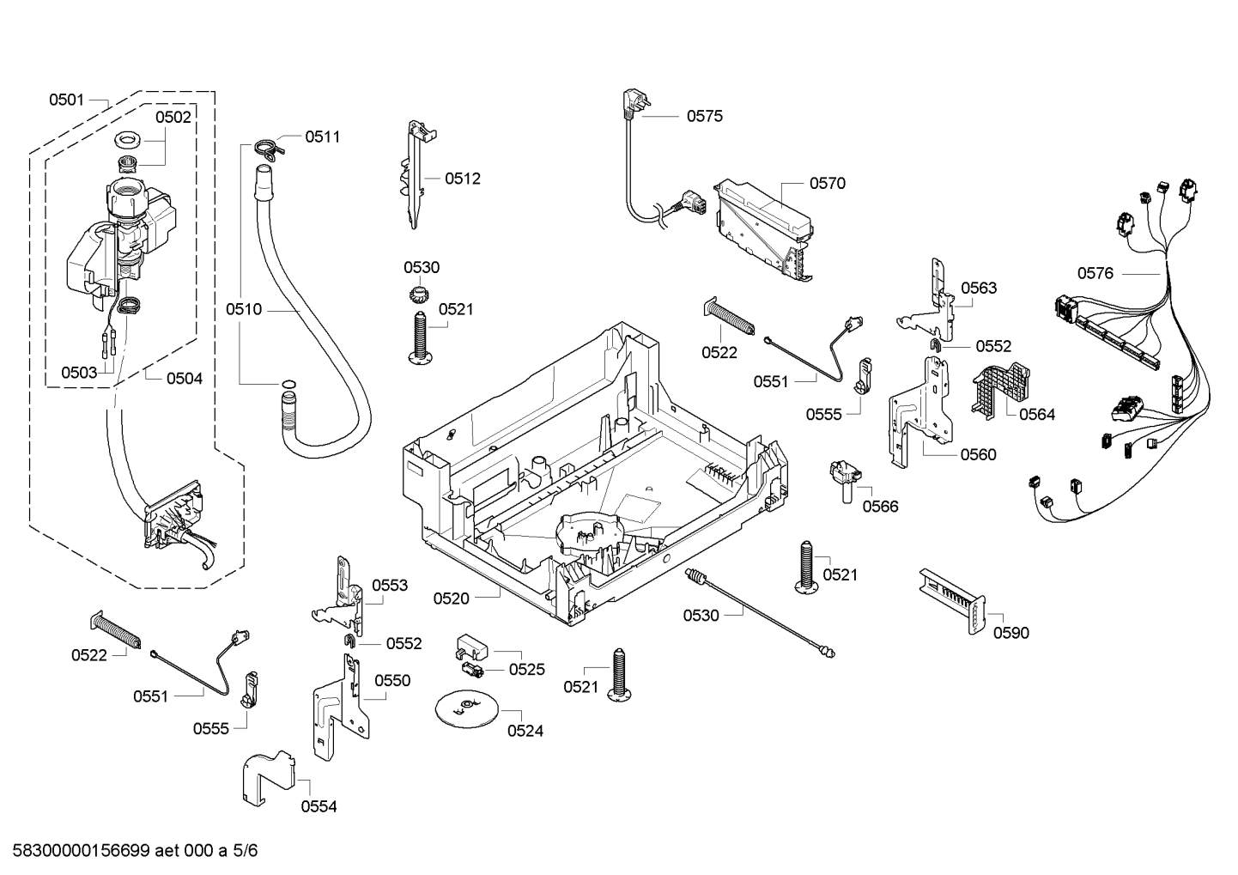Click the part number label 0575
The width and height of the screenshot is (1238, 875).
pos(704,116)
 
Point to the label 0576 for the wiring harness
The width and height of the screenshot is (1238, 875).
pos(1095,273)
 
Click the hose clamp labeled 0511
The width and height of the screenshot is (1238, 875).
pos(267,148)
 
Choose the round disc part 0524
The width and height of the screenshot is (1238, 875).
pos(466,707)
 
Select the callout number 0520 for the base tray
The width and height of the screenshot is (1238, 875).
pos(451,599)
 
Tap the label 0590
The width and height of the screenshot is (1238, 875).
pos(1010,633)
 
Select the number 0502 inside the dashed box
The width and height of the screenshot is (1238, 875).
pos(173,118)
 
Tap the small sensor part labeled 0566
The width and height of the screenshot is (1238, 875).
pos(847,478)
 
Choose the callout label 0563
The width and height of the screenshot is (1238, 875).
pos(979,288)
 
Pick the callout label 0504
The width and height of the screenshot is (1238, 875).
pos(184,378)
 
